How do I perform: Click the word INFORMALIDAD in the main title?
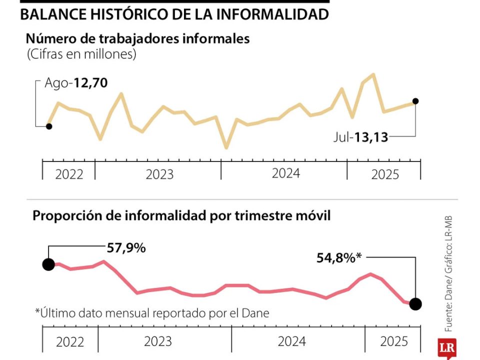[273, 14]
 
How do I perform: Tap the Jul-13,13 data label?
[361, 137]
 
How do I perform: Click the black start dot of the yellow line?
[48, 126]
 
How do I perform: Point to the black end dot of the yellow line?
[415, 101]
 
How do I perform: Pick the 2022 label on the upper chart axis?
[69, 174]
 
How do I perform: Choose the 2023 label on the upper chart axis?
[159, 174]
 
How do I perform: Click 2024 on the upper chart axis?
[286, 173]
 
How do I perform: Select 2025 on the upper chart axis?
[385, 174]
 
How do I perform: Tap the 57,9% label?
[126, 247]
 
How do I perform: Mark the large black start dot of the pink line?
[48, 264]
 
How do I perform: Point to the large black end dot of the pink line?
[415, 303]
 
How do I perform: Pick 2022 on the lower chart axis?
[70, 342]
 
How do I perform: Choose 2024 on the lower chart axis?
[292, 341]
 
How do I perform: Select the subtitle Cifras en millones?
[81, 54]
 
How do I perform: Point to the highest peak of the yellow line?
[373, 74]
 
